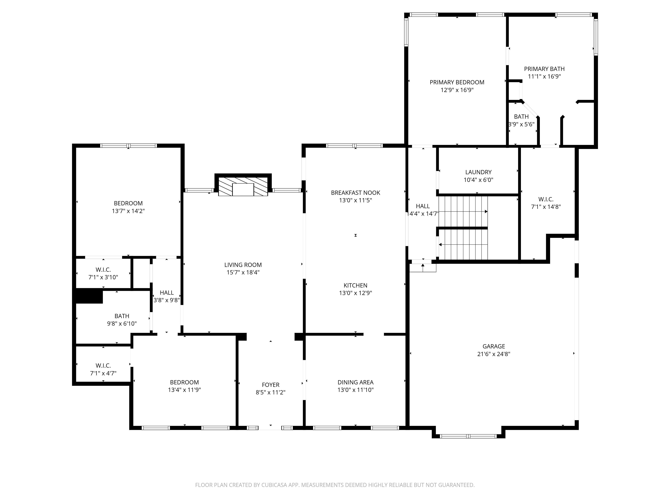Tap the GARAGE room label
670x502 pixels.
click(494, 346)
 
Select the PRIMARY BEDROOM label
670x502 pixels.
click(457, 82)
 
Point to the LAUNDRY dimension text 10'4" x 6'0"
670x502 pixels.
click(478, 180)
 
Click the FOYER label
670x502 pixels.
click(271, 385)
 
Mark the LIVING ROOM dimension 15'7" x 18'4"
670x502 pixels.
click(243, 272)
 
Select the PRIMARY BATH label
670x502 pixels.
click(544, 69)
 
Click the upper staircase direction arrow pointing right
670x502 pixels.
click(463, 212)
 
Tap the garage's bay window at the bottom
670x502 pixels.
click(468, 436)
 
